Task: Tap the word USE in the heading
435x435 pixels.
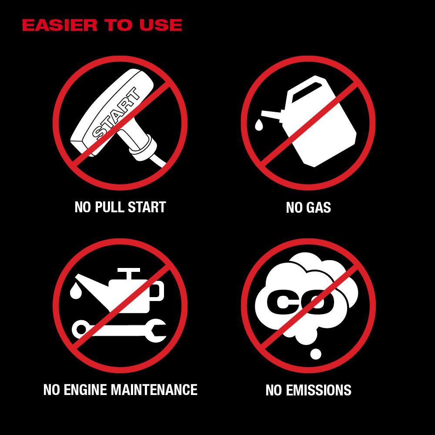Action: click(x=161, y=25)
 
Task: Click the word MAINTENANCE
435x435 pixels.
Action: click(x=154, y=389)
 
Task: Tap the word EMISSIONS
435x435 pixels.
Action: click(x=319, y=390)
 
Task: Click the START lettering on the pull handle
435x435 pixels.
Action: click(x=116, y=113)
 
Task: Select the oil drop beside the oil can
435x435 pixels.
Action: click(x=76, y=291)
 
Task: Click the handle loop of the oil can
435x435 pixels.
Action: click(x=157, y=291)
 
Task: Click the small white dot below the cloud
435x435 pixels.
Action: click(x=315, y=354)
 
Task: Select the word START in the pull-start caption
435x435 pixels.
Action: click(x=147, y=207)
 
